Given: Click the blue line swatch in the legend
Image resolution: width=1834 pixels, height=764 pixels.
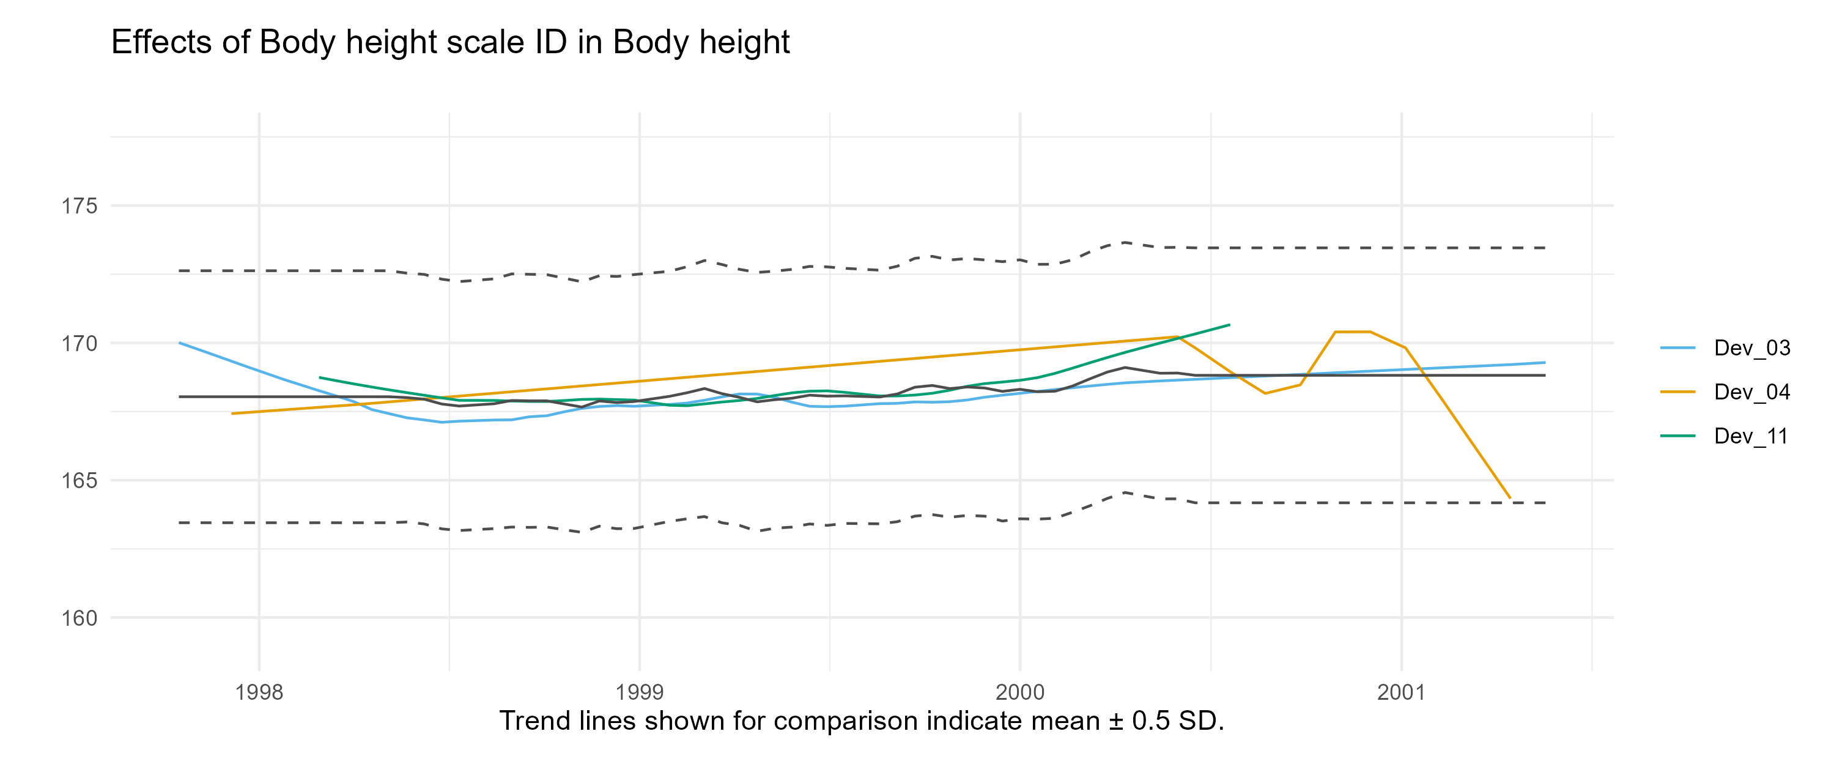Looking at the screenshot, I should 1677,348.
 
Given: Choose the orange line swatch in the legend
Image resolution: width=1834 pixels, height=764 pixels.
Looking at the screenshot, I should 1677,391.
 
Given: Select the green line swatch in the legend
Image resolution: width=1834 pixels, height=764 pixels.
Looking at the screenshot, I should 1677,435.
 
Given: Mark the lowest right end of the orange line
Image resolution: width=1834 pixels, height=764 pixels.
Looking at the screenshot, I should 1510,499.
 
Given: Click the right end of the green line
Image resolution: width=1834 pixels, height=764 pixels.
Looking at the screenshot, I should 1230,325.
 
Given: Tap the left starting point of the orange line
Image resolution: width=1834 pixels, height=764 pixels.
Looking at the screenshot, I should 232,414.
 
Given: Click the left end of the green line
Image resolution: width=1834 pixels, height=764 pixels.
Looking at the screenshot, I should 320,377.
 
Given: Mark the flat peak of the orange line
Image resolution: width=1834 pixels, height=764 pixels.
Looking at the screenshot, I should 1352,332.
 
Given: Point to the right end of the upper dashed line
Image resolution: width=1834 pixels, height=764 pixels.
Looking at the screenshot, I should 1545,248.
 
